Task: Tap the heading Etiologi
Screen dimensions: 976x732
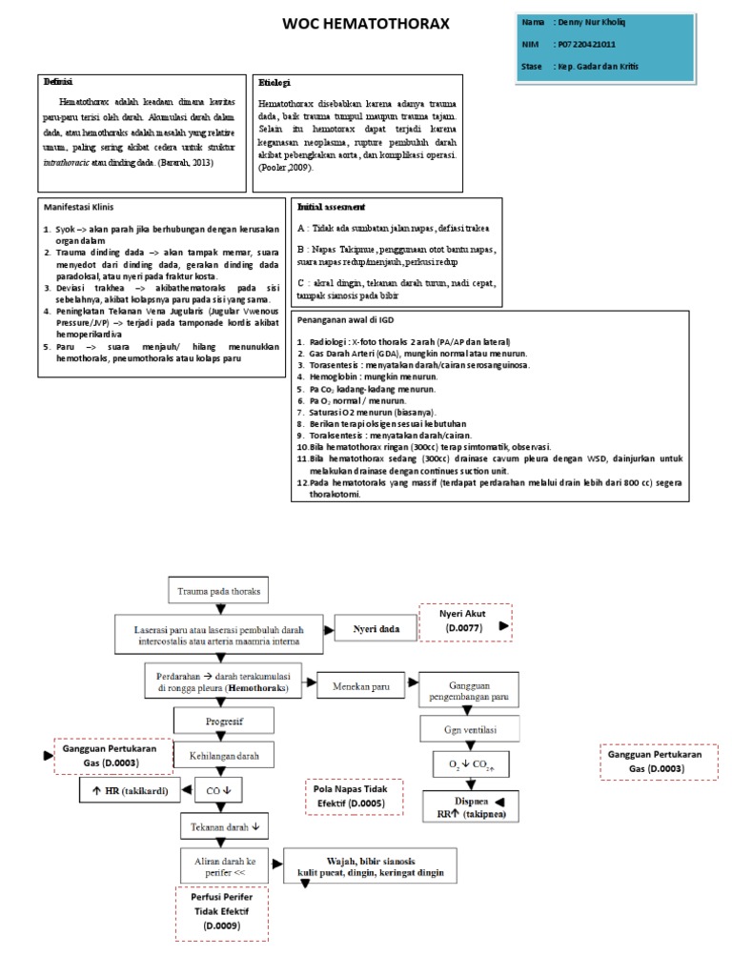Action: tap(274, 84)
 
